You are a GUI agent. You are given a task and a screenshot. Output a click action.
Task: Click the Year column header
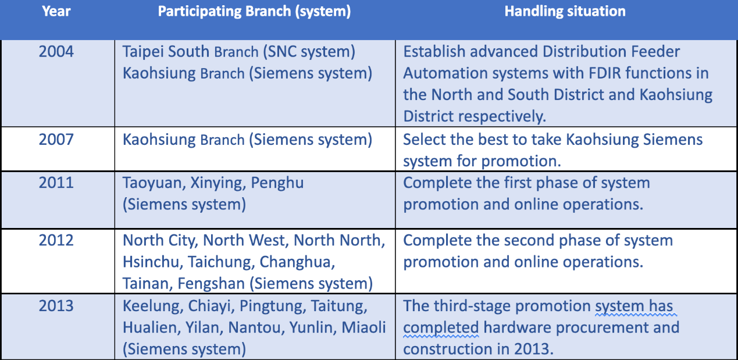[56, 12]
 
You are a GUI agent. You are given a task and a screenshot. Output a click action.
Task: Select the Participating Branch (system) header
[254, 12]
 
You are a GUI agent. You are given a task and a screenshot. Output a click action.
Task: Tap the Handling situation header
[565, 12]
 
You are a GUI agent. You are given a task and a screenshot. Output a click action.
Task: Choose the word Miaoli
[363, 327]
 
